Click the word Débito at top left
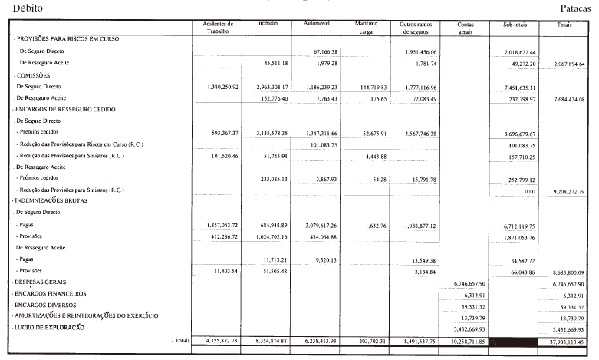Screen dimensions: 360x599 click(18, 6)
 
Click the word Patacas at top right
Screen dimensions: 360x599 click(579, 6)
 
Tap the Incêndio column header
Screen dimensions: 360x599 click(268, 25)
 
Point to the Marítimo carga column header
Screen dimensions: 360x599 click(365, 28)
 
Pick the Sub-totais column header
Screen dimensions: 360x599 click(515, 25)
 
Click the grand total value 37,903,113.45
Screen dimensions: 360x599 click(566, 340)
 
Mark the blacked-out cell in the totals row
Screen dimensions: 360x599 click(515, 340)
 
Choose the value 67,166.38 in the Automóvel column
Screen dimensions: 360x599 click(321, 51)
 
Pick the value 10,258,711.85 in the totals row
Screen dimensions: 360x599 click(464, 340)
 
